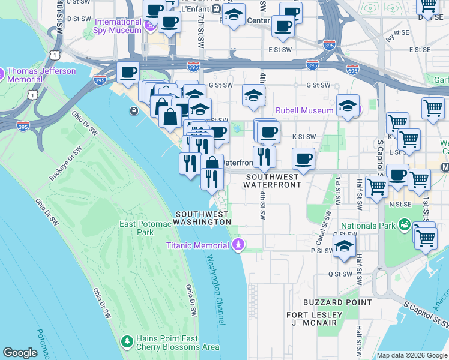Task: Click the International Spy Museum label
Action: tap(118, 26)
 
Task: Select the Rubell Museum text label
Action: tap(304, 110)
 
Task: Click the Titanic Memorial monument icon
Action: tap(238, 245)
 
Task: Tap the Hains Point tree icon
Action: tap(127, 343)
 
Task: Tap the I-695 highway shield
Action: tap(351, 70)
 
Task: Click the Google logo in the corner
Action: tap(20, 353)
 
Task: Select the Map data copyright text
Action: tap(412, 355)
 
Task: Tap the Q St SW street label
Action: tap(339, 274)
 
